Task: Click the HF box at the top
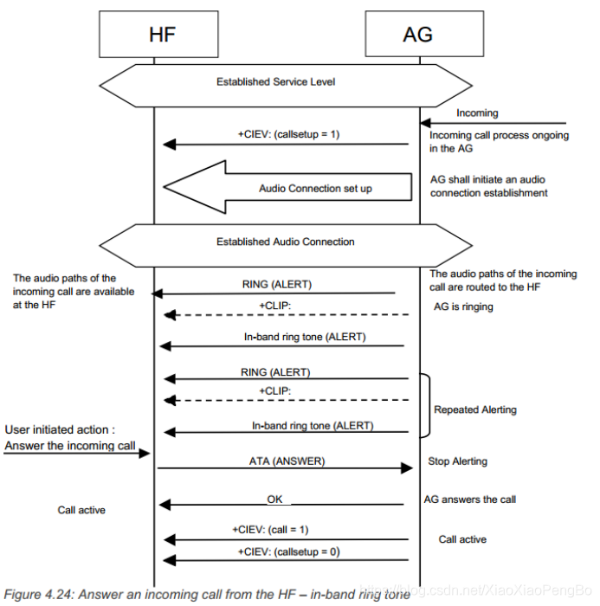pos(155,35)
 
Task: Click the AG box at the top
pos(419,35)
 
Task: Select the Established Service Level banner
pos(275,82)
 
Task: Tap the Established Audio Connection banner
pos(286,242)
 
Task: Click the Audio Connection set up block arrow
pos(286,187)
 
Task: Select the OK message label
pos(274,499)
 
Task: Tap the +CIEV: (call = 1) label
pos(270,529)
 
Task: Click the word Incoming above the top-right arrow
pos(477,113)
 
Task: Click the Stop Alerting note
pos(458,461)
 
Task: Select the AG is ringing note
pos(463,307)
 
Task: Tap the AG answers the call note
pos(470,500)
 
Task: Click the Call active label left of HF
pos(81,510)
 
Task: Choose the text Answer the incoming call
pos(70,446)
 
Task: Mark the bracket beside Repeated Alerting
pos(425,405)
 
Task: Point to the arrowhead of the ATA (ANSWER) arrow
pos(407,468)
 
